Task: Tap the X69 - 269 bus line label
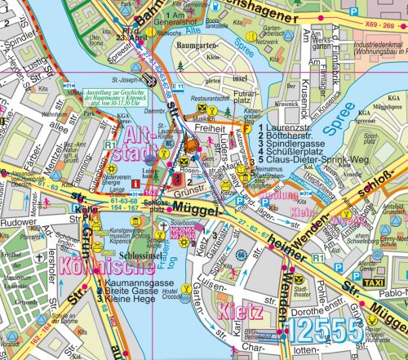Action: click(379, 14)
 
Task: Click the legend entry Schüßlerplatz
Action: click(295, 150)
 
